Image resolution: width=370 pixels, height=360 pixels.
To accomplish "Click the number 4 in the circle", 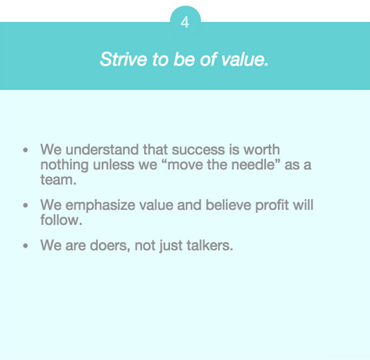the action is [185, 23].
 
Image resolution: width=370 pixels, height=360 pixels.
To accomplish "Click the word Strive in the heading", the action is [123, 59].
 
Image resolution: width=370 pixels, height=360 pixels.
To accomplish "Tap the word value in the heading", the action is [245, 59].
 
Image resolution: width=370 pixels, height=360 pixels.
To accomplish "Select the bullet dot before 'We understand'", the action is [25, 149].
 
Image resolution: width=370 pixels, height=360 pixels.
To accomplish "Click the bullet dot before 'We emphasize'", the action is [25, 205].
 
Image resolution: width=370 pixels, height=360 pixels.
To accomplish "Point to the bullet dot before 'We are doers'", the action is [25, 246].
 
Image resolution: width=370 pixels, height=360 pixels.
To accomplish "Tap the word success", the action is [198, 150].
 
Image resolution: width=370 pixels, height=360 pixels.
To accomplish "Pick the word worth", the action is [262, 149].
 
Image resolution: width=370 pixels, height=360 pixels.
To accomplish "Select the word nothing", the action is [64, 165].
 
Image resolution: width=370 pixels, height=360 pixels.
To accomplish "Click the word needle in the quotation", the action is [253, 164].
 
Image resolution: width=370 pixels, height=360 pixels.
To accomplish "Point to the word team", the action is [58, 180].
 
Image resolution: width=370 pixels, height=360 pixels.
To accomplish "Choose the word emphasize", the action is [100, 205].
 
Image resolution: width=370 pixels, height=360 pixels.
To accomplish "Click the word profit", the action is [272, 205].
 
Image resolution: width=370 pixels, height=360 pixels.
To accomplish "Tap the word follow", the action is [61, 220].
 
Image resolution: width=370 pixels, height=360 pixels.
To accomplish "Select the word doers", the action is [110, 246].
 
